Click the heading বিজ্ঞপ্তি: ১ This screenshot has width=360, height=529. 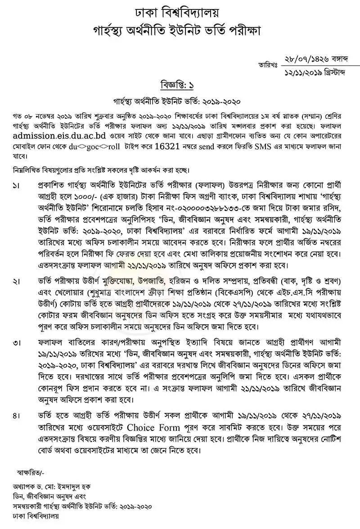pyautogui.click(x=179, y=85)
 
